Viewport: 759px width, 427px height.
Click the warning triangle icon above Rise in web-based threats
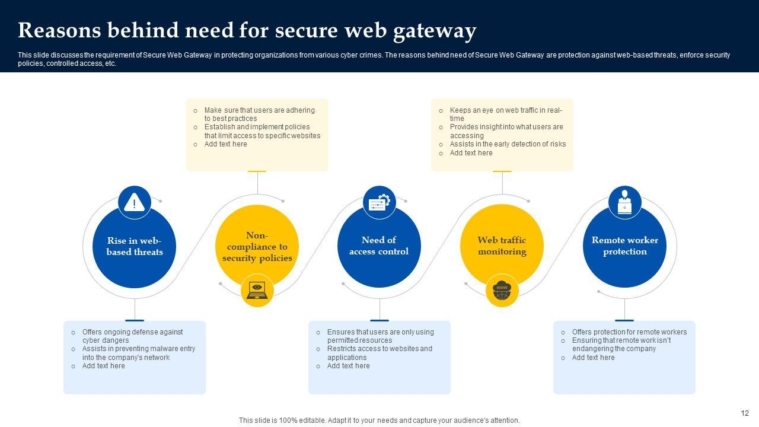[135, 202]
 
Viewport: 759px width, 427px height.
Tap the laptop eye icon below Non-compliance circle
[257, 290]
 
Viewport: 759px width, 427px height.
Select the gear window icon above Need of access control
[379, 202]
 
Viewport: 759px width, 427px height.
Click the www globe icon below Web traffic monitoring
[502, 290]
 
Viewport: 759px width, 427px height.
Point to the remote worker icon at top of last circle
[624, 202]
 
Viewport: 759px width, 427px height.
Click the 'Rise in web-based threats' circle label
[135, 246]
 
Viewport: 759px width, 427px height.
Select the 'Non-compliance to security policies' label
[257, 247]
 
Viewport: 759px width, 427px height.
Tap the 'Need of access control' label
[379, 246]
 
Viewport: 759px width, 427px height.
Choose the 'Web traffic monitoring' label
[502, 246]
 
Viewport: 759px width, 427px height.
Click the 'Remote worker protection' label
[624, 246]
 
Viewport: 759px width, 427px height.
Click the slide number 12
[745, 413]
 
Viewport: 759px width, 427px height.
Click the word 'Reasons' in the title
[59, 30]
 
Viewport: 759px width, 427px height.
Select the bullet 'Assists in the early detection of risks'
[508, 144]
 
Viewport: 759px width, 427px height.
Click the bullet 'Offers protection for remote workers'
[629, 332]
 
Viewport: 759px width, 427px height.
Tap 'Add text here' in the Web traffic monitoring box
[471, 153]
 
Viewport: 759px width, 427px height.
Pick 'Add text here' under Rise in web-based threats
[103, 366]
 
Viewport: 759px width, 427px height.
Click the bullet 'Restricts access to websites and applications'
[379, 353]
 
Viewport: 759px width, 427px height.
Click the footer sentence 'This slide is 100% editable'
[379, 420]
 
